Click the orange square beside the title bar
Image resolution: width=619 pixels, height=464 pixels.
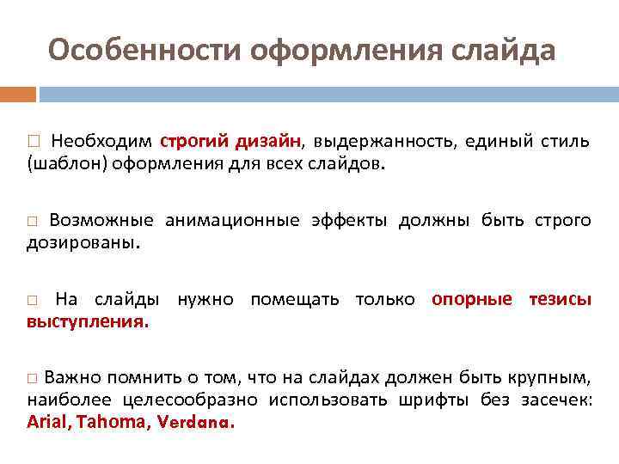[17, 93]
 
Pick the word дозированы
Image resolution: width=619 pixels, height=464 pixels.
[82, 243]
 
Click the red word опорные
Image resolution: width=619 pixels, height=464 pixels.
[471, 300]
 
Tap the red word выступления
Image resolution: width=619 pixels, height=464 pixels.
[86, 322]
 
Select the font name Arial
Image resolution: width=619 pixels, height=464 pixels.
[48, 422]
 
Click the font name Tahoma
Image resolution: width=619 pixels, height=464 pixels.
[111, 422]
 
